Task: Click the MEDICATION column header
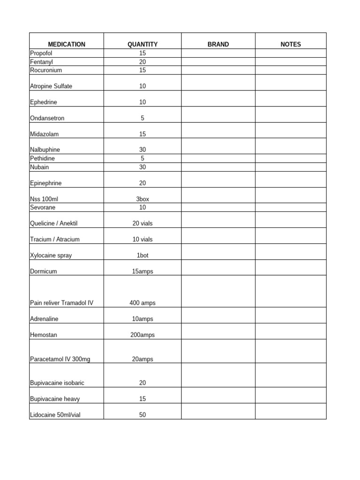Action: coord(66,45)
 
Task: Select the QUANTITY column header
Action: coord(142,45)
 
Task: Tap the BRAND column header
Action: coord(218,45)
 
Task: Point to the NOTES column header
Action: coord(291,45)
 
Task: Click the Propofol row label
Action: coord(42,53)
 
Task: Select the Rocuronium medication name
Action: coord(46,70)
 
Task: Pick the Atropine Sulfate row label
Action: coord(51,86)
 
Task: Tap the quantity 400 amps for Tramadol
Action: coord(142,303)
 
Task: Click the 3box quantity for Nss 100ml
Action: coord(142,199)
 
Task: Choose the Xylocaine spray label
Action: coord(51,255)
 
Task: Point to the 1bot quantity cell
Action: coord(142,255)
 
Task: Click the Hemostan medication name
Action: coord(44,335)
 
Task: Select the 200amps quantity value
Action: coord(142,335)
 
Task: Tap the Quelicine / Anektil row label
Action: coord(53,224)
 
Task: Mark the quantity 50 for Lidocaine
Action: coord(142,415)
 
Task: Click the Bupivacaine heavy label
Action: coord(55,399)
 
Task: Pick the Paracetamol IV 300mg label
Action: coord(60,359)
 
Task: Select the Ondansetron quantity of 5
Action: coord(142,118)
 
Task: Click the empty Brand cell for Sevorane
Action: coord(218,207)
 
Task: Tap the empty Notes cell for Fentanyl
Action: coord(291,62)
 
